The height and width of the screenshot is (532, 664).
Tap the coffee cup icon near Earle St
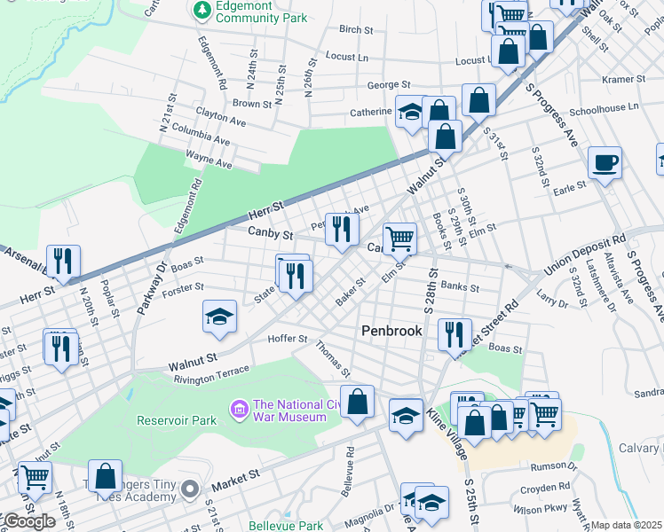605,163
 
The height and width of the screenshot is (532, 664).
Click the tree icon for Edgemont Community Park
200,10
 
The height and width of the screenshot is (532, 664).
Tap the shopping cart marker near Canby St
399,238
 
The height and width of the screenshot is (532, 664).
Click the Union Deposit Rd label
585,251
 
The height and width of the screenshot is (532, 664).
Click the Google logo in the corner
28,520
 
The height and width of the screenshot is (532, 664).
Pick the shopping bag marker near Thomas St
357,401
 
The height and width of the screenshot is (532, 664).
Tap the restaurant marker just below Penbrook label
454,334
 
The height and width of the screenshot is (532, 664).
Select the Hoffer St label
289,339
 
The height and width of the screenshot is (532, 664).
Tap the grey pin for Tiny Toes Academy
189,489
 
